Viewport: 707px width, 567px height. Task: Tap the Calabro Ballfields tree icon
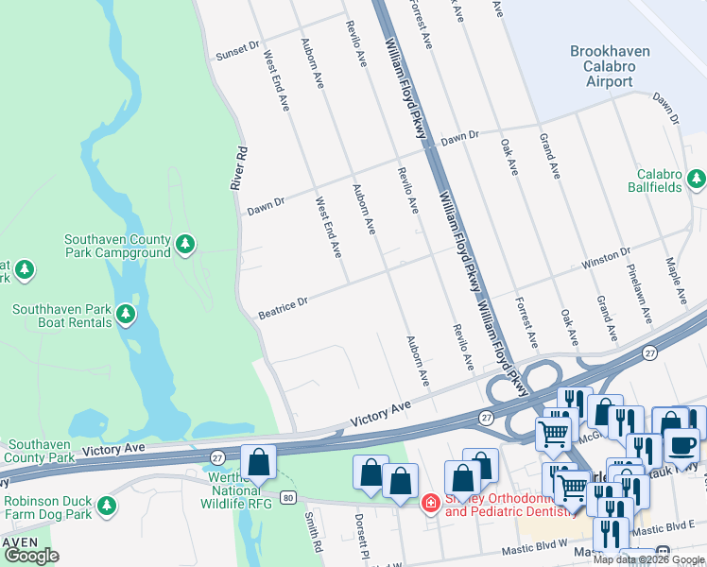pyautogui.click(x=697, y=178)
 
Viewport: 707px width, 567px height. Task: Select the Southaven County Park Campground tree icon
pyautogui.click(x=185, y=245)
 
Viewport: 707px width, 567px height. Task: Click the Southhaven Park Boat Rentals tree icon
pyautogui.click(x=124, y=313)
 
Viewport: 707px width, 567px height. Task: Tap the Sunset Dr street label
pyautogui.click(x=236, y=48)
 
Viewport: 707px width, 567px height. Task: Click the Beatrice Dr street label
pyautogui.click(x=285, y=306)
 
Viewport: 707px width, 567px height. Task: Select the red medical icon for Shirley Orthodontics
pyautogui.click(x=431, y=502)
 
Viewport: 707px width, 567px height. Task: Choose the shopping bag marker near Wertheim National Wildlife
pyautogui.click(x=258, y=462)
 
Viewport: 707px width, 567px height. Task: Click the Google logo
pyautogui.click(x=31, y=556)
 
